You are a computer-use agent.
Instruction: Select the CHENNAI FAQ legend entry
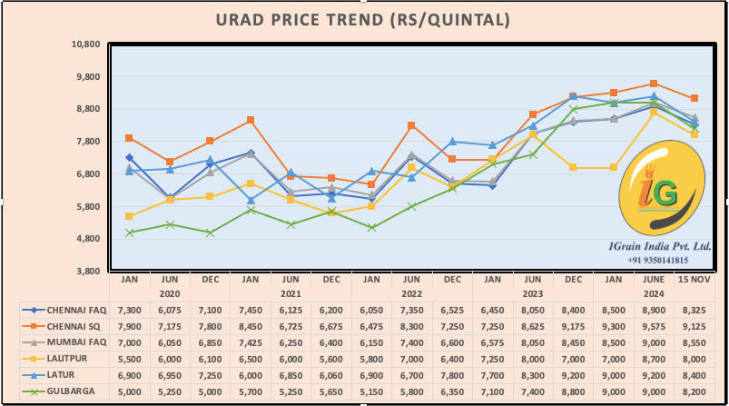coord(65,310)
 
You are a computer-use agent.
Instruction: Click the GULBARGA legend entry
coord(65,391)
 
